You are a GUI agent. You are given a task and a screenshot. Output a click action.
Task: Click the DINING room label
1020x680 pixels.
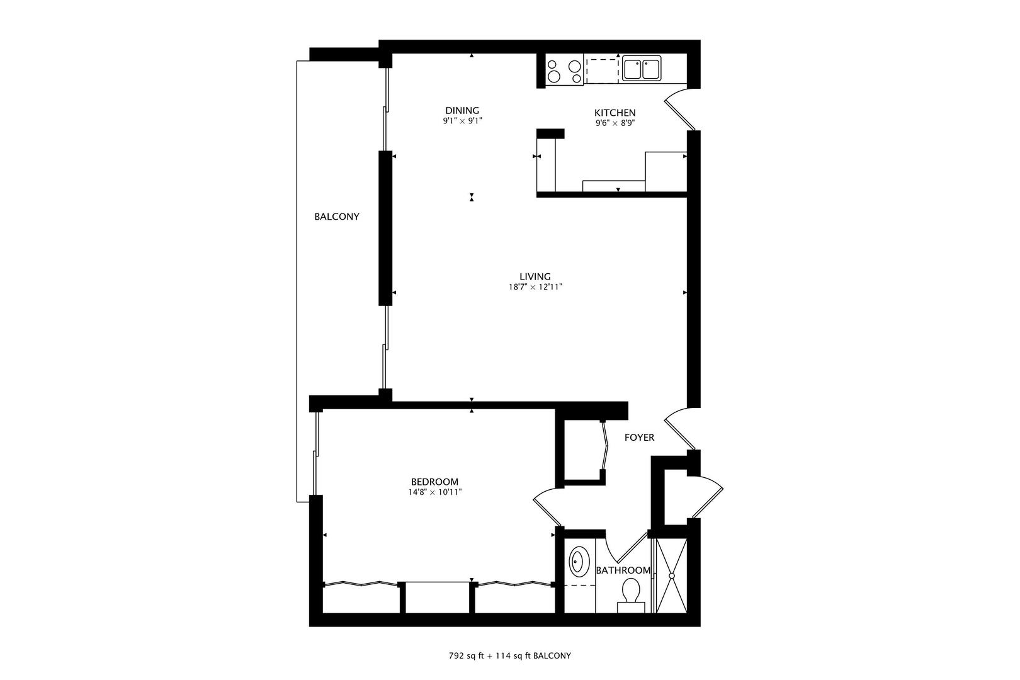[x=462, y=110]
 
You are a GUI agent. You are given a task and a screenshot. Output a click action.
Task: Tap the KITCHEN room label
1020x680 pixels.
[x=615, y=113]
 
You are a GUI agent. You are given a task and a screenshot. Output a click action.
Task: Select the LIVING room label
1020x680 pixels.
[x=535, y=276]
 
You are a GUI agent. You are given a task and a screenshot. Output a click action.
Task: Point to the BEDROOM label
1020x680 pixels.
[x=434, y=482]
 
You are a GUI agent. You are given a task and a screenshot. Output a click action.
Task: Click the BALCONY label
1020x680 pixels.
[x=337, y=217]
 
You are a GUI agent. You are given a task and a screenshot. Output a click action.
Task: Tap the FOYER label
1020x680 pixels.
[x=639, y=438]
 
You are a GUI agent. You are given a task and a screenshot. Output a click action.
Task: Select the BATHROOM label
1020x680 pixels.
[x=623, y=570]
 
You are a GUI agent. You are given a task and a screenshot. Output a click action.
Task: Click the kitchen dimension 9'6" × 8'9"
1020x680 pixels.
[x=615, y=123]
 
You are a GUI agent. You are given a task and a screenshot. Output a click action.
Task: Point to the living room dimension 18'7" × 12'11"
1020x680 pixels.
[x=535, y=287]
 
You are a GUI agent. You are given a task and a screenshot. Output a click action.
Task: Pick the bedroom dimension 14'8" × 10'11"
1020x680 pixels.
[x=434, y=492]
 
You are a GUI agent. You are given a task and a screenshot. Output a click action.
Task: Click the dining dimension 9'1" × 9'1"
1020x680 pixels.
[x=462, y=120]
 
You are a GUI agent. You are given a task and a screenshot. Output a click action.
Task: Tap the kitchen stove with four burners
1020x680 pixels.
[x=564, y=71]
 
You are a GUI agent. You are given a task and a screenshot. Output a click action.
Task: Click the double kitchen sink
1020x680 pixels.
[x=642, y=69]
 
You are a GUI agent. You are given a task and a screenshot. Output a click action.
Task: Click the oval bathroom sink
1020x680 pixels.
[x=579, y=562]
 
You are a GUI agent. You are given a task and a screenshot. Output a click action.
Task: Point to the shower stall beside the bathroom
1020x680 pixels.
[x=672, y=575]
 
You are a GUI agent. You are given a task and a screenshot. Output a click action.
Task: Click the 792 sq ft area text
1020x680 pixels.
[x=466, y=655]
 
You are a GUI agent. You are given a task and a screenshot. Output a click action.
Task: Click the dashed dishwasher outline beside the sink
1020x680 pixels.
[x=603, y=70]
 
